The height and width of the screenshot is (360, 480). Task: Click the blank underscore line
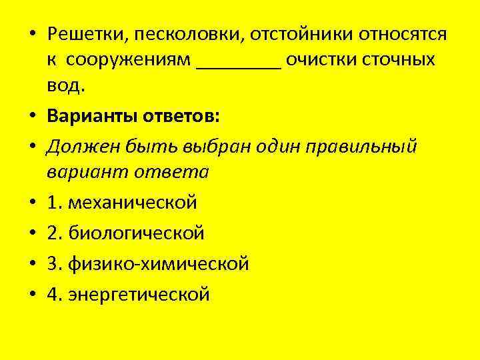(239, 65)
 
